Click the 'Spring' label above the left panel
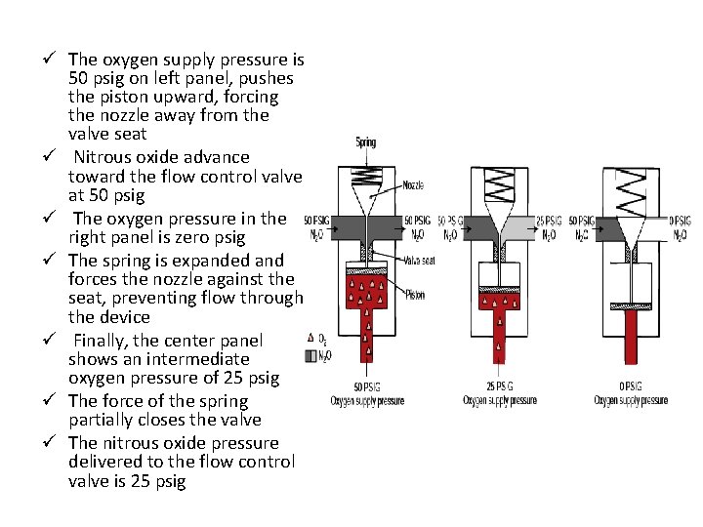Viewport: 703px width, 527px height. click(366, 142)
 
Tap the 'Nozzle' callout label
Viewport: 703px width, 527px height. click(412, 184)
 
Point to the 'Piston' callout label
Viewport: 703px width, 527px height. click(413, 295)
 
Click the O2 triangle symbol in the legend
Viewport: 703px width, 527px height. click(310, 338)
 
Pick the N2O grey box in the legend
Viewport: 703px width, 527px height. click(310, 356)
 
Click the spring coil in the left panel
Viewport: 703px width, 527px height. click(366, 176)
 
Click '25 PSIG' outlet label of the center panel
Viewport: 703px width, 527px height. click(548, 222)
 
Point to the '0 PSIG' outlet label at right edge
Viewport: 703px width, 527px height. click(682, 222)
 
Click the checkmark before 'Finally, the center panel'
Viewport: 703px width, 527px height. click(55, 341)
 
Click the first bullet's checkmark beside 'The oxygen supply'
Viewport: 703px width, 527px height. click(55, 60)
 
